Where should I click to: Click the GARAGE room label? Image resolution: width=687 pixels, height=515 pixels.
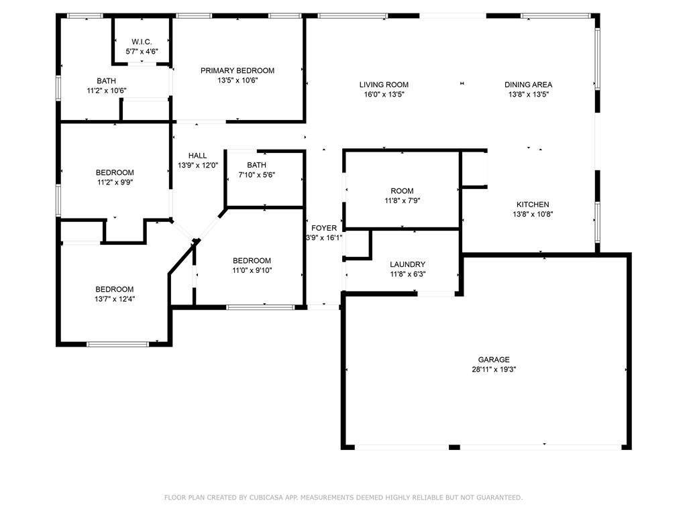point(494,359)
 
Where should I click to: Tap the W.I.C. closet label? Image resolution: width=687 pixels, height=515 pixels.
point(142,42)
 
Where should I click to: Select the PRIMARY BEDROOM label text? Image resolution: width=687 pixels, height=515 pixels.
point(237,70)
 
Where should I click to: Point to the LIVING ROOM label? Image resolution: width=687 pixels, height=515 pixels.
point(384,84)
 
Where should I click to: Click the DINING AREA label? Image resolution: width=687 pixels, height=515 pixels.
point(529,84)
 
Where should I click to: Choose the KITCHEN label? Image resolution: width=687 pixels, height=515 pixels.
point(533,205)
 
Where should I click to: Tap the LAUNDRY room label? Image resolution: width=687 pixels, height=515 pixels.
point(407,264)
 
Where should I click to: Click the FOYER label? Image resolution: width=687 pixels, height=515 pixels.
point(324,228)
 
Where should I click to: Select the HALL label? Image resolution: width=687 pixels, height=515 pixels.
point(198,156)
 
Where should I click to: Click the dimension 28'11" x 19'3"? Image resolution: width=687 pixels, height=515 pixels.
point(494,369)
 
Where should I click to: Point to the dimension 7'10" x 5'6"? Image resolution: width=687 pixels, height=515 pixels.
point(257,175)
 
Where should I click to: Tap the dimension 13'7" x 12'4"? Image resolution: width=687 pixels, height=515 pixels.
point(115,299)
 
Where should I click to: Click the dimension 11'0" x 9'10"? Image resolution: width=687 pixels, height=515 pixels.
point(252,270)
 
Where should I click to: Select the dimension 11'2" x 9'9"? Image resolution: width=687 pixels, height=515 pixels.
point(115,182)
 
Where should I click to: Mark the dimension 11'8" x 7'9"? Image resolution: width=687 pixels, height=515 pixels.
point(403,201)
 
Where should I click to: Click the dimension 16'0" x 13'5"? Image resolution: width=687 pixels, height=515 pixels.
point(384,94)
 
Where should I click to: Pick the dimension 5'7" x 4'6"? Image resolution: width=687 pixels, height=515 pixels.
point(142,51)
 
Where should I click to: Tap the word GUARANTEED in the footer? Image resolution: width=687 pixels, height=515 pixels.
point(499,498)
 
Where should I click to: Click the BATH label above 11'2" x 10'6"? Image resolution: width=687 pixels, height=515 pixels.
point(107,81)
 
